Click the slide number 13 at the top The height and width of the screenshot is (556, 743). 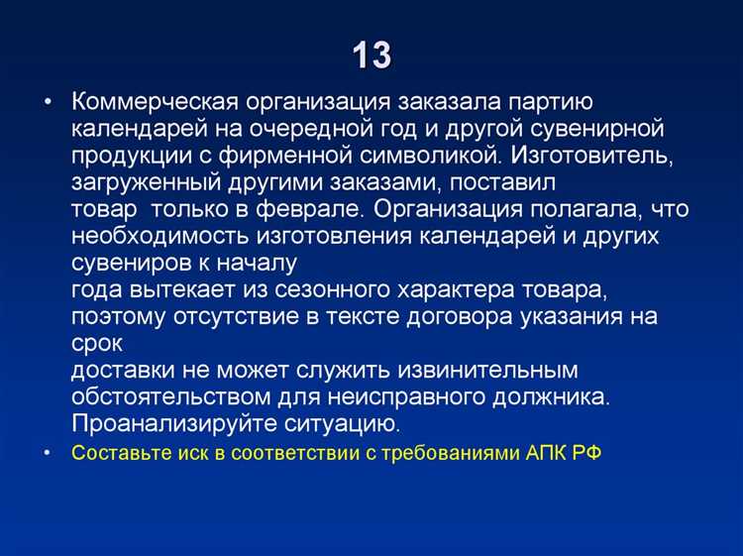click(x=371, y=56)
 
